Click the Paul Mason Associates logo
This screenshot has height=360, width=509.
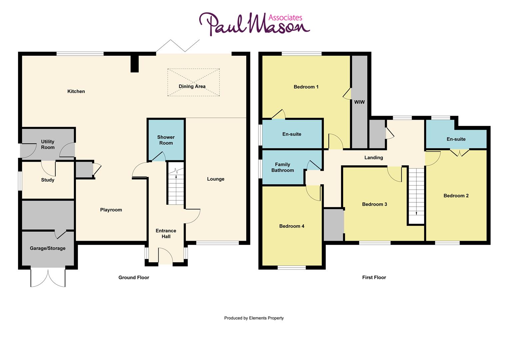[x=254, y=24]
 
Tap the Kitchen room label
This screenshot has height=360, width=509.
[x=76, y=91]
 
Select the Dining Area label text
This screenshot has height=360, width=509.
[x=192, y=86]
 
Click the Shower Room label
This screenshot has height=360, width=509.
[x=166, y=140]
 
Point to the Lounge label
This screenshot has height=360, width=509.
[x=216, y=179]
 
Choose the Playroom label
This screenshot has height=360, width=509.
[x=111, y=210]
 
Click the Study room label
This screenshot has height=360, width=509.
[x=48, y=180]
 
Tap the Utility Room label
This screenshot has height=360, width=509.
[x=48, y=144]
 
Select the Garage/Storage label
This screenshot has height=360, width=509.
[x=48, y=248]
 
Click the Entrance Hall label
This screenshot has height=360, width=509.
[x=166, y=233]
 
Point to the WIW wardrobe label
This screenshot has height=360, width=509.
[x=359, y=102]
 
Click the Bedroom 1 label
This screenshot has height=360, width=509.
[x=306, y=87]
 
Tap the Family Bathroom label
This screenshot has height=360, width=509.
[x=282, y=167]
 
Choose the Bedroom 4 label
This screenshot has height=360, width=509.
[x=291, y=226]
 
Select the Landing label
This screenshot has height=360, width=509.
[x=373, y=158]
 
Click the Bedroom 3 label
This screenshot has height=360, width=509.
[x=374, y=204]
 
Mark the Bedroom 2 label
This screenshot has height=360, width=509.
[x=456, y=196]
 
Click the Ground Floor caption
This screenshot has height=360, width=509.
[x=134, y=277]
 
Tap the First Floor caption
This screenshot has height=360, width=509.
[x=374, y=277]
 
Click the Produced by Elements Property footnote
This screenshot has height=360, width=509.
[x=254, y=318]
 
